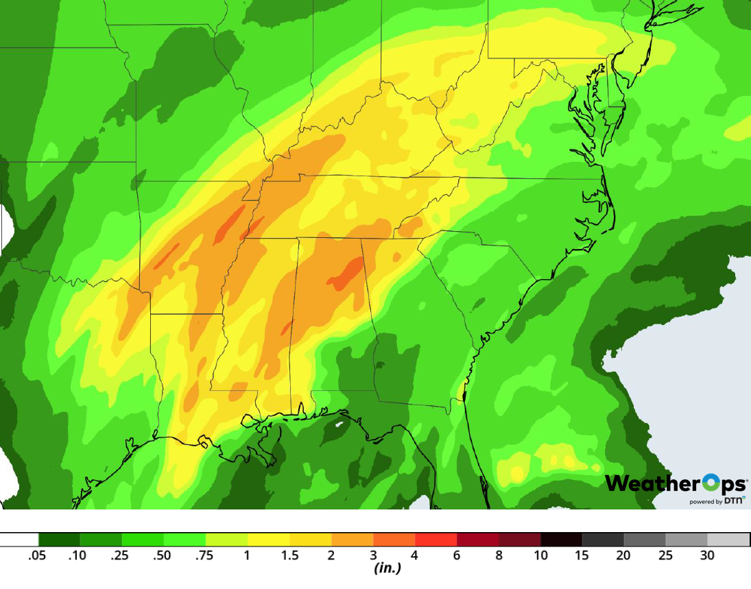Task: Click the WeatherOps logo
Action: pyautogui.click(x=675, y=483)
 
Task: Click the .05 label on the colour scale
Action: pyautogui.click(x=37, y=555)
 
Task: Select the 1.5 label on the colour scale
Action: pyautogui.click(x=289, y=555)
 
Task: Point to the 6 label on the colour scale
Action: pyautogui.click(x=457, y=555)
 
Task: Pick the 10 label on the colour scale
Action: pyautogui.click(x=540, y=555)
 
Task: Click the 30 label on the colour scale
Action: pyautogui.click(x=707, y=555)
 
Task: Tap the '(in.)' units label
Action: pyautogui.click(x=387, y=568)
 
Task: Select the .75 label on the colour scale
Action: pyautogui.click(x=205, y=555)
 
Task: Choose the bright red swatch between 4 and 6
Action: pyautogui.click(x=436, y=539)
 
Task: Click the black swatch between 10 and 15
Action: pyautogui.click(x=561, y=539)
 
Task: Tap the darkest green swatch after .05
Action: pyautogui.click(x=59, y=539)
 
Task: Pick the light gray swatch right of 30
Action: pyautogui.click(x=728, y=539)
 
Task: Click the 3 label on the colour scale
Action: pyautogui.click(x=373, y=555)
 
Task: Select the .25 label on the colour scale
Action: pyautogui.click(x=121, y=555)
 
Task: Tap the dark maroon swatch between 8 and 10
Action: pyautogui.click(x=519, y=539)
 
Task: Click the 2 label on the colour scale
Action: pyautogui.click(x=331, y=555)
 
